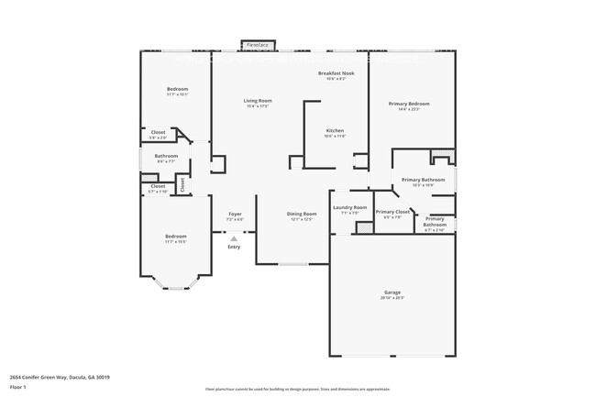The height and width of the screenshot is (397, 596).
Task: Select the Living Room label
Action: click(257, 100)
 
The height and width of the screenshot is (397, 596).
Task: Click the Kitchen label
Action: click(335, 131)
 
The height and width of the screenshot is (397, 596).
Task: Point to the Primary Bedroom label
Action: click(410, 104)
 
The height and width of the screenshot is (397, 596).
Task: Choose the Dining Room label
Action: click(303, 214)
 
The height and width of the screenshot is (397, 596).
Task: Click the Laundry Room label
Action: click(349, 207)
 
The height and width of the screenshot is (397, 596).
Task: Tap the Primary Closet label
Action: click(392, 212)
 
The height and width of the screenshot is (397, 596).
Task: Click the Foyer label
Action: click(235, 214)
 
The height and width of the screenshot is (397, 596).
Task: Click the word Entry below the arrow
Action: click(234, 247)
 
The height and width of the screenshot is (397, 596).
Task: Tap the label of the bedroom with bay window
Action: click(176, 236)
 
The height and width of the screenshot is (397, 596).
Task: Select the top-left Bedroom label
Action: click(178, 89)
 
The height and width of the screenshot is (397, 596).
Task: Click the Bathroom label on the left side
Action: click(166, 156)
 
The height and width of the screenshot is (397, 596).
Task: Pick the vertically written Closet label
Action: click(182, 183)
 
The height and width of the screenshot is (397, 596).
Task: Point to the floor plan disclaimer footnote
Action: click(297, 389)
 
